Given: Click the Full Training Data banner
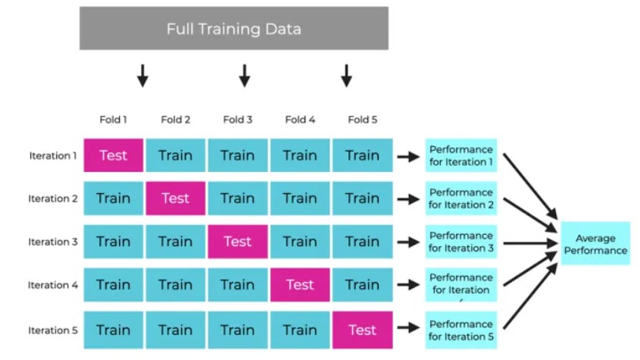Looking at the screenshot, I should (234, 29).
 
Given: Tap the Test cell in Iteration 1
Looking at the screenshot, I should (114, 155).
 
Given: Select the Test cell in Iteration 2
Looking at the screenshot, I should (175, 199).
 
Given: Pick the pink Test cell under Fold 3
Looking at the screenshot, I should (237, 242).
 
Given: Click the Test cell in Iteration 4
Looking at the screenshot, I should (300, 285).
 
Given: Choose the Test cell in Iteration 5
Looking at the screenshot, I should (362, 330).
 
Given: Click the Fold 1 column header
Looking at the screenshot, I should (114, 120).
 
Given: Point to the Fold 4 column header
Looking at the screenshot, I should (300, 120).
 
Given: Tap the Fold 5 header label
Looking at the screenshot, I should (362, 120).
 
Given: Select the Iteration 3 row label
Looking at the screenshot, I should (53, 243).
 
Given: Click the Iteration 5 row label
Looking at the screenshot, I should (53, 330).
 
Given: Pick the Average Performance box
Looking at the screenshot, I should (595, 243).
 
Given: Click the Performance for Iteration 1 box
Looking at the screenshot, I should (460, 155).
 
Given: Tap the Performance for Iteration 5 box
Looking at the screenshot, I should (460, 330).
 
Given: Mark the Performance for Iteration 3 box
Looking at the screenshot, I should (460, 242).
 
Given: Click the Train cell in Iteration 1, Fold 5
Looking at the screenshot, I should (362, 155).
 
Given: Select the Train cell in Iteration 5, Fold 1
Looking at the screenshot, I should (114, 330).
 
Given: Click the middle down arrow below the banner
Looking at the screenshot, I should (244, 75).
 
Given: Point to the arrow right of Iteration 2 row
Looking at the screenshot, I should (408, 199).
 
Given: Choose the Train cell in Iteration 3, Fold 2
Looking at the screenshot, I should (175, 242).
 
